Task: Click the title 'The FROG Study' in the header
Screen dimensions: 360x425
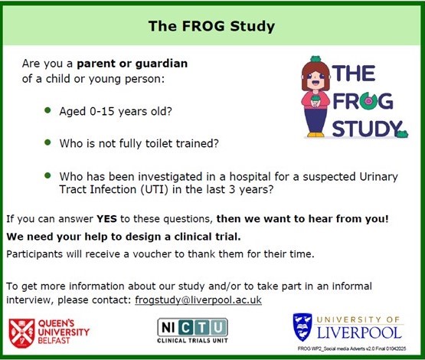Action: pos(211,27)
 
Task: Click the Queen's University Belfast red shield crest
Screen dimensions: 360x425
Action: pos(22,332)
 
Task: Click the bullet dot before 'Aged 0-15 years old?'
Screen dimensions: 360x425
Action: pos(48,110)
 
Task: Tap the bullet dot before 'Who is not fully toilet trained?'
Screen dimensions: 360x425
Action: pos(48,142)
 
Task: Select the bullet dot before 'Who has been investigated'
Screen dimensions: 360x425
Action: pos(48,175)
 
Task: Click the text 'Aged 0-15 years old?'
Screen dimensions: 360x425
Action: pos(116,111)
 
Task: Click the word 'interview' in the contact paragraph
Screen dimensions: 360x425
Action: pos(29,299)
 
